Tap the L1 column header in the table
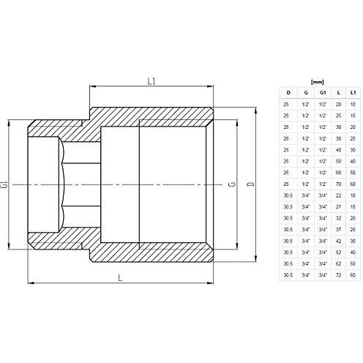coord(353,93)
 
